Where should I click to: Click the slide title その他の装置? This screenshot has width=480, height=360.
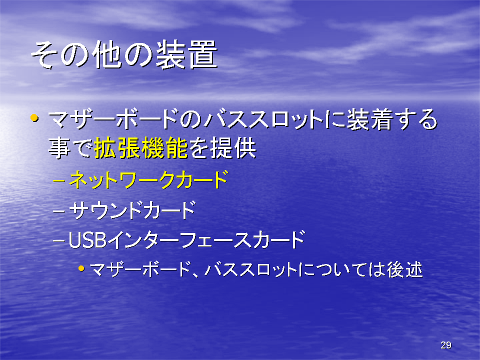tap(124, 54)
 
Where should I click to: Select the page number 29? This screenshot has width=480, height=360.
tap(445, 345)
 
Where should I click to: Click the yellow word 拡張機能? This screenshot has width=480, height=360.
tap(141, 148)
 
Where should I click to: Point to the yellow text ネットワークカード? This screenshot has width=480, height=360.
tap(148, 179)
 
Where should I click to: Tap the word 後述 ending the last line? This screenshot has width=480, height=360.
tap(404, 269)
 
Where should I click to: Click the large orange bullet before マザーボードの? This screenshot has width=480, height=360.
tap(34, 118)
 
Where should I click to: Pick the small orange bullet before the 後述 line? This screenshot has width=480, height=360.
tap(81, 268)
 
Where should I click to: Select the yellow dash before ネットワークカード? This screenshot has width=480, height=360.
tap(59, 180)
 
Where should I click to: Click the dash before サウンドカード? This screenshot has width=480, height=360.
tap(59, 211)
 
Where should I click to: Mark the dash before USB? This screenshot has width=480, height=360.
tap(59, 241)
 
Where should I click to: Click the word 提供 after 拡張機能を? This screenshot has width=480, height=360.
tap(233, 148)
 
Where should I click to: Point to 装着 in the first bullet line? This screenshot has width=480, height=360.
tap(369, 119)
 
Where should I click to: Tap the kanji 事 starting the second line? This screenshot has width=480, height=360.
tap(59, 148)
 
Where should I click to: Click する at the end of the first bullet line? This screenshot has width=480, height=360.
tap(415, 119)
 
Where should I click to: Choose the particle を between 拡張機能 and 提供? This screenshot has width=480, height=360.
tap(199, 148)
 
